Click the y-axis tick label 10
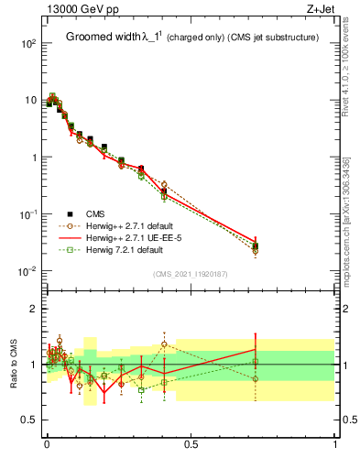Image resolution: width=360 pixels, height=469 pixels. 30,101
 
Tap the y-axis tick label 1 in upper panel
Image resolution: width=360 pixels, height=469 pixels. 34,158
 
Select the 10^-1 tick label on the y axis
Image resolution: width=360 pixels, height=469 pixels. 28,214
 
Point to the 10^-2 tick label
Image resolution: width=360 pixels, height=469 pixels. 28,271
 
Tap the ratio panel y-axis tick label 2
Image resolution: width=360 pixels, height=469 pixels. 34,309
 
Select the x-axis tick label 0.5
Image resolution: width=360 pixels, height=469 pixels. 191,445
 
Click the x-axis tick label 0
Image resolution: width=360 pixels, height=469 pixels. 47,445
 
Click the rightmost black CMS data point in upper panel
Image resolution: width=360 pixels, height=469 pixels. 255,246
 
